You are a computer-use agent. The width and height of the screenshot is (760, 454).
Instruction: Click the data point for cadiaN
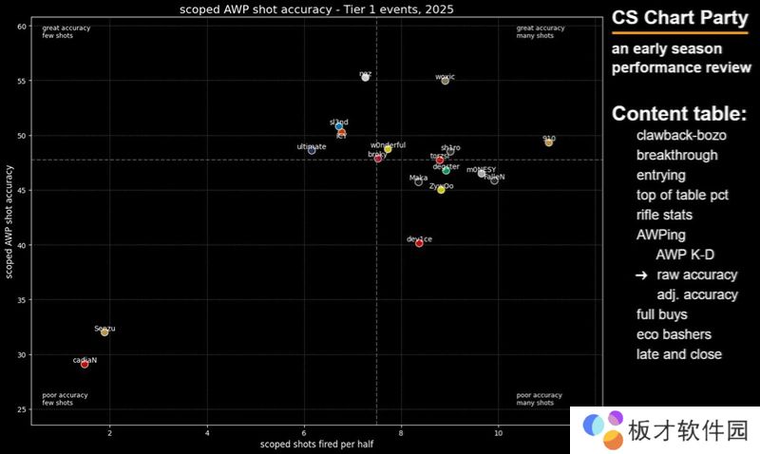coord(85,364)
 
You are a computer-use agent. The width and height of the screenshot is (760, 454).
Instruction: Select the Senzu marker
coord(104,332)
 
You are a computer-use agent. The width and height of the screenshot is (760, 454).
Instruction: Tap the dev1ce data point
coord(419,243)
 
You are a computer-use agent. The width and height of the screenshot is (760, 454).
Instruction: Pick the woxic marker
coord(445,81)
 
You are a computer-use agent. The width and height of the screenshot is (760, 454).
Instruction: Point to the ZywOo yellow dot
coord(441,190)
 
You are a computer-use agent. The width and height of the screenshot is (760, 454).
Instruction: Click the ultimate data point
coord(312,150)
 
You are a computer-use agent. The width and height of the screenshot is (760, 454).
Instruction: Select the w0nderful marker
coord(388,149)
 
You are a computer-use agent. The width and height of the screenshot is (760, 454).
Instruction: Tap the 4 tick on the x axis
coord(207,433)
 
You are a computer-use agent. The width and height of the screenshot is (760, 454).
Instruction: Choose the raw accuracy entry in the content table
coord(696,274)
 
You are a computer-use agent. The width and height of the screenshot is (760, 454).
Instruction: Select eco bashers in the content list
coord(674,334)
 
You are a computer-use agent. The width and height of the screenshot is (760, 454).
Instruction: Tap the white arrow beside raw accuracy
coord(641,274)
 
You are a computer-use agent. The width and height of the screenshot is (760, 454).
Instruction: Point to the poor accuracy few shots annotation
coord(59,399)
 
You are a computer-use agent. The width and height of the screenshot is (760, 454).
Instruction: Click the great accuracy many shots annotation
coord(541,31)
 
